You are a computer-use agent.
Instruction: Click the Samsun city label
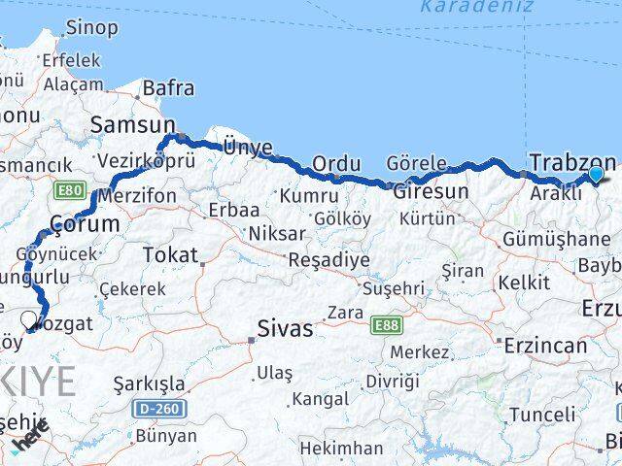(x=132, y=124)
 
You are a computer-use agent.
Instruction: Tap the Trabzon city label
(x=572, y=162)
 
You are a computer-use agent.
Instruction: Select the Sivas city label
(x=285, y=329)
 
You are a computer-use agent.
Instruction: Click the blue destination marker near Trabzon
(x=595, y=175)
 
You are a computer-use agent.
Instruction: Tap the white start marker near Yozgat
(x=28, y=317)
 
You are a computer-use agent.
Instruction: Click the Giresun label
(x=430, y=192)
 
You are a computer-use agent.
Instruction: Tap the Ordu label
(x=330, y=164)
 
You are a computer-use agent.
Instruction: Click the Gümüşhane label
(x=555, y=240)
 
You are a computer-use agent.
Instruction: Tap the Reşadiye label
(x=328, y=260)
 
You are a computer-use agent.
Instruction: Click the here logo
(x=31, y=443)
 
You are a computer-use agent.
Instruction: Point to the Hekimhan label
(x=340, y=448)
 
